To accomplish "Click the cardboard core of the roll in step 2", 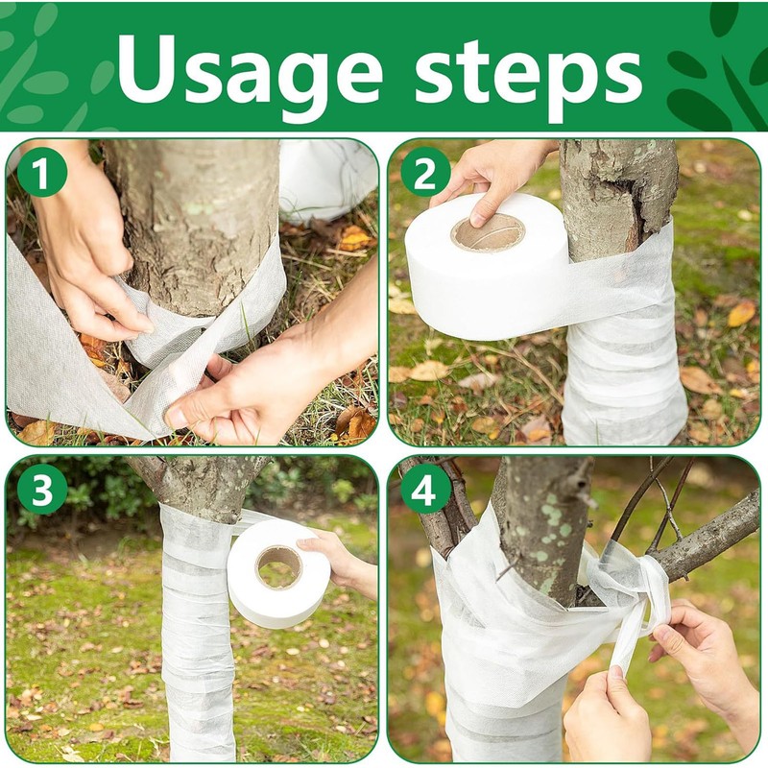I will click(x=488, y=232).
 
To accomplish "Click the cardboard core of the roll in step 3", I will click(x=278, y=567).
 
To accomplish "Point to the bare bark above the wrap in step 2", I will click(x=614, y=192).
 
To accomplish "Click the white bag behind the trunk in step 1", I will click(x=326, y=178).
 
